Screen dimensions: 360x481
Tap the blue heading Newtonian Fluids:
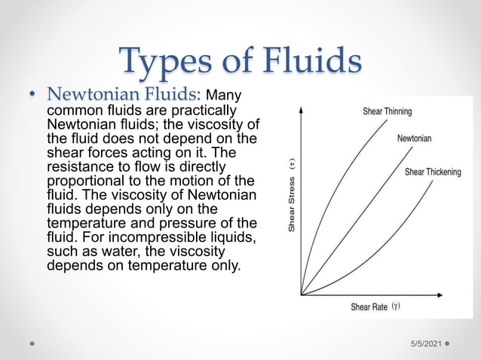click(x=124, y=96)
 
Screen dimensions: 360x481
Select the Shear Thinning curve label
click(x=387, y=111)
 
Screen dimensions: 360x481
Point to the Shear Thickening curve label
click(x=433, y=172)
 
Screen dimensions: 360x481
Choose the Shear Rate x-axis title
click(x=369, y=307)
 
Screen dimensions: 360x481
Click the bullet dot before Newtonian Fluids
click(x=32, y=96)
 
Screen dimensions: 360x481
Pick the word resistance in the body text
click(x=80, y=167)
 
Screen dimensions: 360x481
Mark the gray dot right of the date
click(x=447, y=342)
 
